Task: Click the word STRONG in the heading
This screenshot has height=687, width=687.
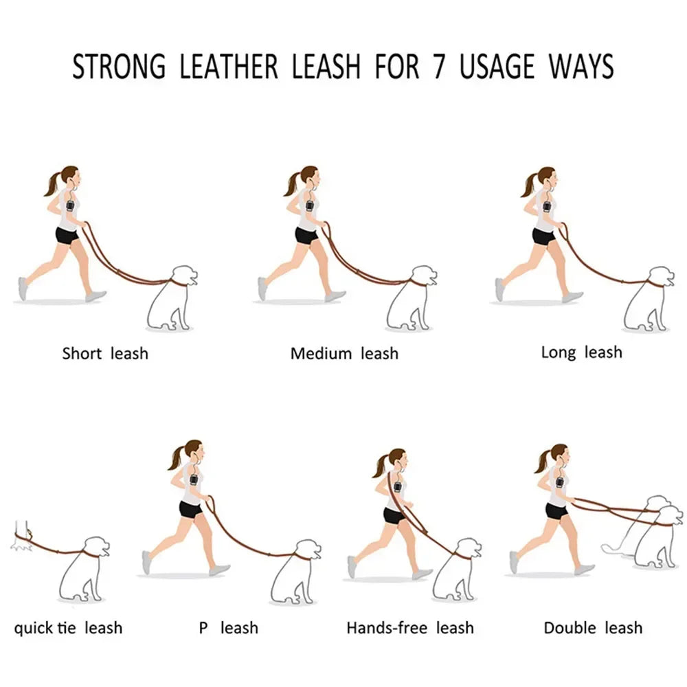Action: (119, 67)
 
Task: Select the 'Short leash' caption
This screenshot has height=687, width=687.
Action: (105, 354)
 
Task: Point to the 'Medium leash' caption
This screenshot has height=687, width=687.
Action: (344, 354)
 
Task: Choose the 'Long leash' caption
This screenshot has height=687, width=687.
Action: (581, 352)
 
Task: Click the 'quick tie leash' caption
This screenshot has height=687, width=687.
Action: (68, 627)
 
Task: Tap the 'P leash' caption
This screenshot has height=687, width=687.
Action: (229, 627)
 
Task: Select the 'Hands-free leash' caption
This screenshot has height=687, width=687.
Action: (410, 627)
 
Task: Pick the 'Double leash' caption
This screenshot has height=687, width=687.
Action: (593, 627)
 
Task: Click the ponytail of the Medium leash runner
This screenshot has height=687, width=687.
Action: (291, 184)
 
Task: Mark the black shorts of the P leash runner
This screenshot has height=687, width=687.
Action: (190, 509)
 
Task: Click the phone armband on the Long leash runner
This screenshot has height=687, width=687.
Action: (548, 205)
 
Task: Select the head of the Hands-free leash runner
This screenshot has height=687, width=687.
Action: (396, 460)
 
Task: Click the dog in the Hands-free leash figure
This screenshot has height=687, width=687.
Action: (457, 570)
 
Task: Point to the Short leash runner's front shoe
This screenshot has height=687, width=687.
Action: (95, 296)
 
